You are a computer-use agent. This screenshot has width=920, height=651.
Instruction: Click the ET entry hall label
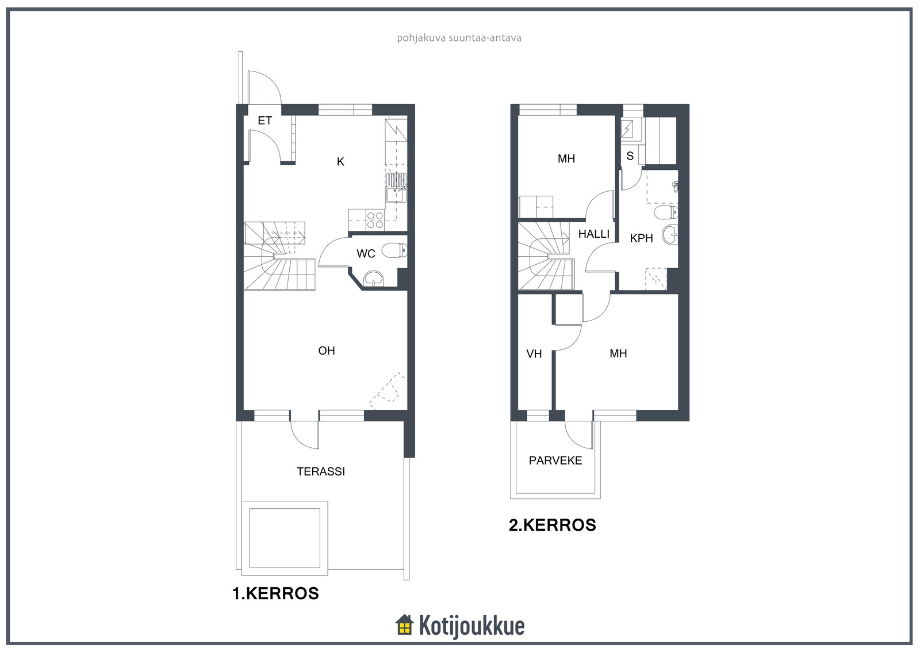point(264,120)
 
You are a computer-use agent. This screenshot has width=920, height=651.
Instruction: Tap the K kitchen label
point(340,162)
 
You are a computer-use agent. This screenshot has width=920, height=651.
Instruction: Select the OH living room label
point(327,351)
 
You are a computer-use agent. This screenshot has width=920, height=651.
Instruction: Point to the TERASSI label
point(321,471)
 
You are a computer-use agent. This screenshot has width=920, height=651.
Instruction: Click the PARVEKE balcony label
point(555,460)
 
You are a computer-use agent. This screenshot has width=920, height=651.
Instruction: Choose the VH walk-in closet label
point(534,353)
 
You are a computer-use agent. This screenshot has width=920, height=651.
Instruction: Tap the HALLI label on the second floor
point(594,234)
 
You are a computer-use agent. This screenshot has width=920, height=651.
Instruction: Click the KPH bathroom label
point(641,238)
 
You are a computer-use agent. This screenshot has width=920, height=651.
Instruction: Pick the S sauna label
point(630,156)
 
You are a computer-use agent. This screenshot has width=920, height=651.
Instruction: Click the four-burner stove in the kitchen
point(375,220)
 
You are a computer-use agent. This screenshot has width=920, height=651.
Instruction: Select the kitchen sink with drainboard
point(396,188)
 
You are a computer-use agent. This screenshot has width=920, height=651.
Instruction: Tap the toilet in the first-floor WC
point(394,250)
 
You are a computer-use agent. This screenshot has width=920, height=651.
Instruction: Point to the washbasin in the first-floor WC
point(373,279)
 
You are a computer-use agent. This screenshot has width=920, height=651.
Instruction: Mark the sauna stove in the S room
point(627,129)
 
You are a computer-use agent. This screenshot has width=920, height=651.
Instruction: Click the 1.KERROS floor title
point(275,593)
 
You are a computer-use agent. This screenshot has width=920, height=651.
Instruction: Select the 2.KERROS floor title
point(553,525)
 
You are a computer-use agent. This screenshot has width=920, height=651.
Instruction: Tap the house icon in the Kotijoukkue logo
point(405,625)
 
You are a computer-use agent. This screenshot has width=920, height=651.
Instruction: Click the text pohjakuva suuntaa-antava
point(459,38)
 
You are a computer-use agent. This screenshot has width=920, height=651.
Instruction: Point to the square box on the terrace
point(285,538)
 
